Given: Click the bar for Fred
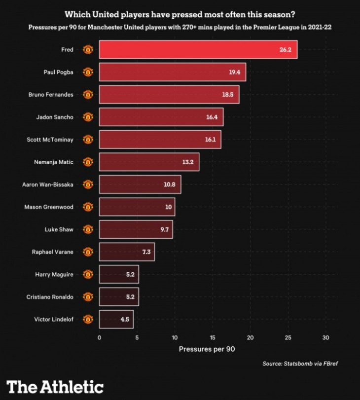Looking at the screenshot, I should coord(197,50).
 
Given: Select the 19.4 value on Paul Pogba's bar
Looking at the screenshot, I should coord(234,73).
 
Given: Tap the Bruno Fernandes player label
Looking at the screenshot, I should coord(51,95).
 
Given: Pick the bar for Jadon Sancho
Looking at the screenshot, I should coord(161,117).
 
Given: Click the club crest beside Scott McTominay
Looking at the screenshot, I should coord(88,140).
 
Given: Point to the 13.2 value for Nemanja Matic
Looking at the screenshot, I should coord(188,162).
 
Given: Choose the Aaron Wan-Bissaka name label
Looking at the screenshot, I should coord(47,184).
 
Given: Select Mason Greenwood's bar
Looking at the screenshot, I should coord(137,207).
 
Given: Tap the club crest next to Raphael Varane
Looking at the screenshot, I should coord(88,252).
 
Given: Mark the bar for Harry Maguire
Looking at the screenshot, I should coord(118,274).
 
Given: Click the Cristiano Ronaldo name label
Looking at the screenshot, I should coord(50,297).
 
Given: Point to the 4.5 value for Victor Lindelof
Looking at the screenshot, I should coord(125,319).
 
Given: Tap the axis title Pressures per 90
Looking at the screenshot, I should coord(207,349).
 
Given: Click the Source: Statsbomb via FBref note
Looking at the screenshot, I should coord(300,364).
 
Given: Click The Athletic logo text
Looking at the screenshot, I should coord(55,386).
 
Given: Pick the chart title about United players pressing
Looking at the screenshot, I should coord(180,15).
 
